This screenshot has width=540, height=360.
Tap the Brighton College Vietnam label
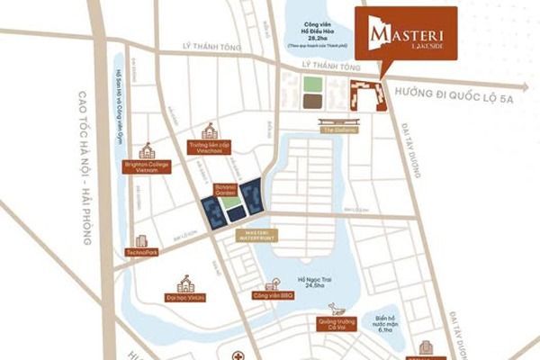point(148,168)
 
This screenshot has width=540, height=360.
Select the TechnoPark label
point(142,252)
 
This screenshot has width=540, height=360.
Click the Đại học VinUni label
point(186,295)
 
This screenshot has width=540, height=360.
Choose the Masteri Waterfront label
point(256,235)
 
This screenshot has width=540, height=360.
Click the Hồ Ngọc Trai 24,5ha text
point(306,281)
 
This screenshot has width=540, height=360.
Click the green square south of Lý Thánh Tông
point(310,85)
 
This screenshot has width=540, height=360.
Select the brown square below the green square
point(310,102)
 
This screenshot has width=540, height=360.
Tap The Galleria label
point(340,130)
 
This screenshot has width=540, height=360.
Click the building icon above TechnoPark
point(141,240)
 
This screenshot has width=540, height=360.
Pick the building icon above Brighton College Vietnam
point(147,150)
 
